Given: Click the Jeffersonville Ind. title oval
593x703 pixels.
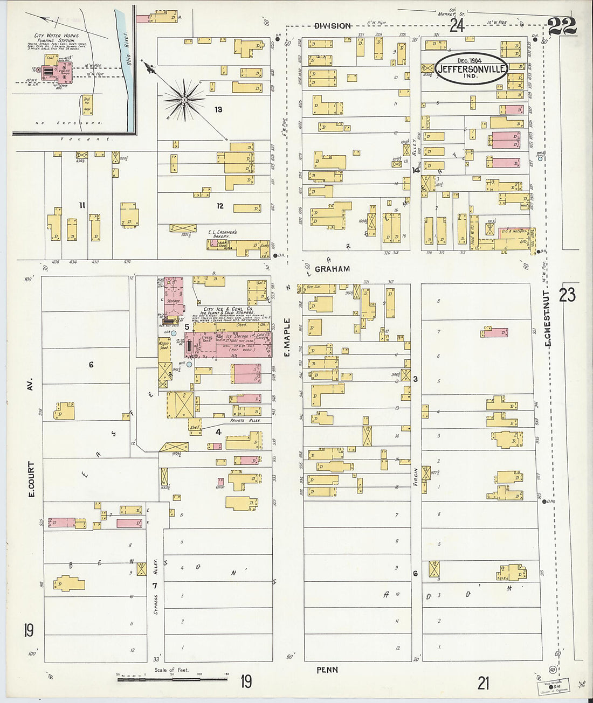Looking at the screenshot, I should [x=472, y=68].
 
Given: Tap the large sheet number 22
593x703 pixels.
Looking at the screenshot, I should [x=561, y=26].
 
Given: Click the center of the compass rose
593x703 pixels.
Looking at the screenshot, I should [x=184, y=99].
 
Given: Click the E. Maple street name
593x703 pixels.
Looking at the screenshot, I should [x=287, y=337].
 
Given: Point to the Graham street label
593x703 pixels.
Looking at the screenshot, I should [x=332, y=269].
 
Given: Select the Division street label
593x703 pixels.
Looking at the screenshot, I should [x=333, y=26].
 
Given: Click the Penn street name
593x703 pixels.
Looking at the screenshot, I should [x=327, y=670].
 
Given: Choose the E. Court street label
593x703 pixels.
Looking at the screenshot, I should [x=31, y=478].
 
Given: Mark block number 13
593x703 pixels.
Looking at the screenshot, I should [x=218, y=110].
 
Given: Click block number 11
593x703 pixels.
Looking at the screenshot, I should [x=82, y=205].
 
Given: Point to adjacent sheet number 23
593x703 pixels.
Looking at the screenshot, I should [x=567, y=294].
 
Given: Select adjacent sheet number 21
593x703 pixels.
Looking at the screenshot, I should [x=483, y=683].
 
